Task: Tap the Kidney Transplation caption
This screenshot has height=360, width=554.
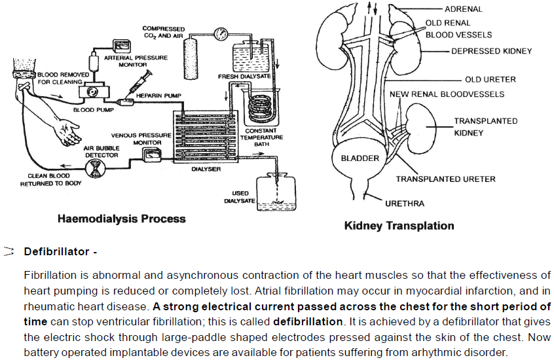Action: tap(399, 226)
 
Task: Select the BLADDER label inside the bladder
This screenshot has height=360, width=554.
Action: tap(360, 158)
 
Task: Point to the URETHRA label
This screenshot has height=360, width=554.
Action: tap(405, 204)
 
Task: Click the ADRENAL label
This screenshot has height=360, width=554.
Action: tap(463, 9)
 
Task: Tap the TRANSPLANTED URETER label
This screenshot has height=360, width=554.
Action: tap(445, 179)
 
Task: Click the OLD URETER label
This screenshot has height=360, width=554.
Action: tap(490, 79)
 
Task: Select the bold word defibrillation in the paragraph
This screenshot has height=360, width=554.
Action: tap(308, 321)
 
